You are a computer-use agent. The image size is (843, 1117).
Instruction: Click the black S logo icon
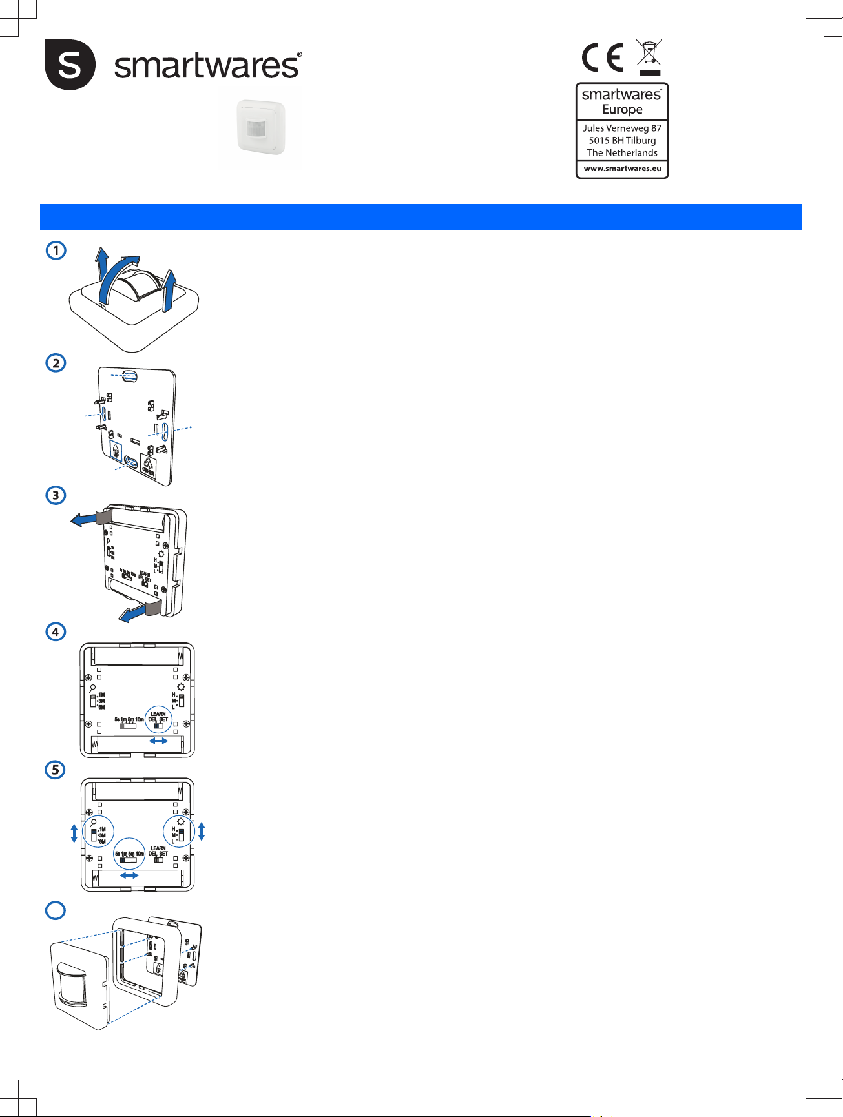[70, 65]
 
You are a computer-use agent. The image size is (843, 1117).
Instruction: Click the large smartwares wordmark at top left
[207, 66]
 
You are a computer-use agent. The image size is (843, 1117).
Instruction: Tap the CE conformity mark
[602, 57]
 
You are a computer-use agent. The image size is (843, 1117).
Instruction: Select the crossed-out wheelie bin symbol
[649, 57]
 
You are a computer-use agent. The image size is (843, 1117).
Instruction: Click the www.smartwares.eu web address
[622, 169]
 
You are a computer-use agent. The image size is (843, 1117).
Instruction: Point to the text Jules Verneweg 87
[622, 128]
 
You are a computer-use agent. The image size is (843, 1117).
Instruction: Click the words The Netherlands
[622, 152]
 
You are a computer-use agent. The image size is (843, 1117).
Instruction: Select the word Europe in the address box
[622, 109]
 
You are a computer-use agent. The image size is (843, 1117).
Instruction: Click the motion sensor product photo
[260, 127]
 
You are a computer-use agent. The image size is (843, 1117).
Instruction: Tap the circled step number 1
[56, 250]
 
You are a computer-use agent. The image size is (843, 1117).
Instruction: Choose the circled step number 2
[56, 363]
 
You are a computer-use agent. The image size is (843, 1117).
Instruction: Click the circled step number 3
[56, 495]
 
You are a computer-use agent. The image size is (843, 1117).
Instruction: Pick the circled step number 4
[56, 631]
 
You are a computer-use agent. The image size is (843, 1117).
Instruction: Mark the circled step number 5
[56, 770]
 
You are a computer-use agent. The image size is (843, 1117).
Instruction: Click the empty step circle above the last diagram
[56, 910]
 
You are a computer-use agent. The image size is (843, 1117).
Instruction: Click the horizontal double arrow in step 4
[158, 741]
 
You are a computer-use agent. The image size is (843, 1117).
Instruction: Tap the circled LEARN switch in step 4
[159, 719]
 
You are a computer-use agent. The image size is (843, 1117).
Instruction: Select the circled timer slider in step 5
[129, 855]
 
